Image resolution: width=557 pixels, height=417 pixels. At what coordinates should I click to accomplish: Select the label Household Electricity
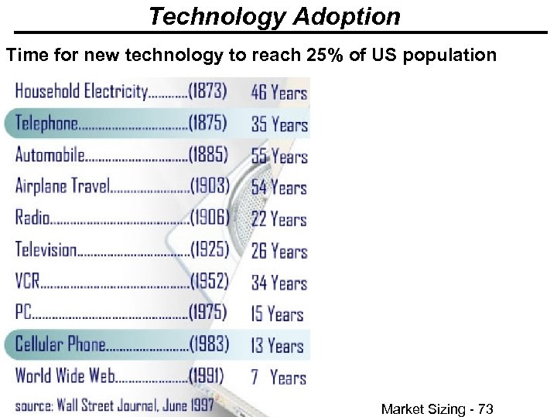click(x=81, y=92)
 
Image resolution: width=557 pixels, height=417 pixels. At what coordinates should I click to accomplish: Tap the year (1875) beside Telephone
click(x=208, y=124)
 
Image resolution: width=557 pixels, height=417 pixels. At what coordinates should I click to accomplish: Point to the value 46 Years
click(x=278, y=93)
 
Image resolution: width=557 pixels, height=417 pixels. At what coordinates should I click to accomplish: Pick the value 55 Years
click(x=278, y=156)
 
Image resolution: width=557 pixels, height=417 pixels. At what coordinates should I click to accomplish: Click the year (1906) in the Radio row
click(x=209, y=219)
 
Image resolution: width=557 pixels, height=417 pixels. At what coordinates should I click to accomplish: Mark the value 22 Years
click(x=278, y=219)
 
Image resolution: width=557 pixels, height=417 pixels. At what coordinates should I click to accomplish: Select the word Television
click(x=46, y=250)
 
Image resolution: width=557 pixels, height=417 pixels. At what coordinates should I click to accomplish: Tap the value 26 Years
click(x=278, y=251)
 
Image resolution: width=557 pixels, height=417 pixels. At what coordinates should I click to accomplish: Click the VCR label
click(x=27, y=282)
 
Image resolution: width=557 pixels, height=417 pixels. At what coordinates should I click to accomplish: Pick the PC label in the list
click(x=23, y=313)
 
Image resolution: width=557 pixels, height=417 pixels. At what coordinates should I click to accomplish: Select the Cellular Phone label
click(x=60, y=344)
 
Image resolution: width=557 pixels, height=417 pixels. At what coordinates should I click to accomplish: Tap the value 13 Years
click(x=278, y=345)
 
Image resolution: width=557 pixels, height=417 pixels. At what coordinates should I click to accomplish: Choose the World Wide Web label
click(x=65, y=376)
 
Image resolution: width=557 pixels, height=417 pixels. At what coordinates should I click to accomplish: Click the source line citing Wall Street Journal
click(x=114, y=405)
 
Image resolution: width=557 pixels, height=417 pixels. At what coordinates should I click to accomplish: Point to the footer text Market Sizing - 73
click(x=437, y=409)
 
